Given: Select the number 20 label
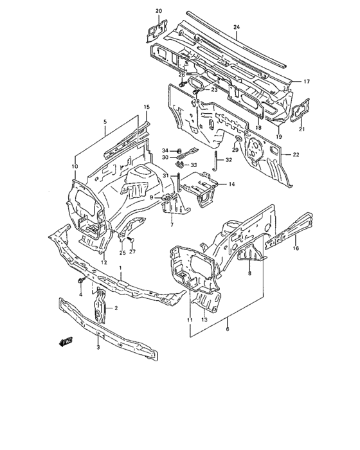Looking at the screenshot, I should [159, 11].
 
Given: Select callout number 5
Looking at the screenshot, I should [105, 122].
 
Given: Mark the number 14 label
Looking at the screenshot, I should [231, 184].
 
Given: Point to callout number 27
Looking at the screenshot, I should [133, 251].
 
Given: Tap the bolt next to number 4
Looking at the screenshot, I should [80, 283].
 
